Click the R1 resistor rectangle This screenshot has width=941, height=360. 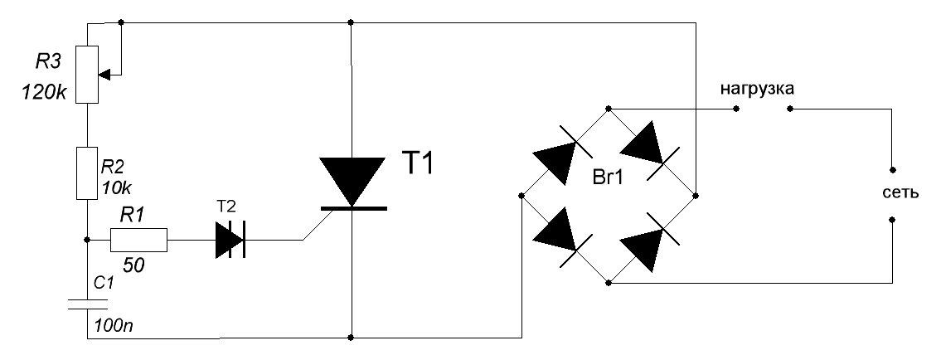(139, 240)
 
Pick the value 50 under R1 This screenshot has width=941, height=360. (133, 267)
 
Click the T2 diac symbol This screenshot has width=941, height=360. (229, 241)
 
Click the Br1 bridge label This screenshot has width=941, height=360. (609, 177)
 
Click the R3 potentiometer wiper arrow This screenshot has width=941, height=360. (107, 73)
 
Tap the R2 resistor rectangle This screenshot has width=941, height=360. (87, 173)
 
